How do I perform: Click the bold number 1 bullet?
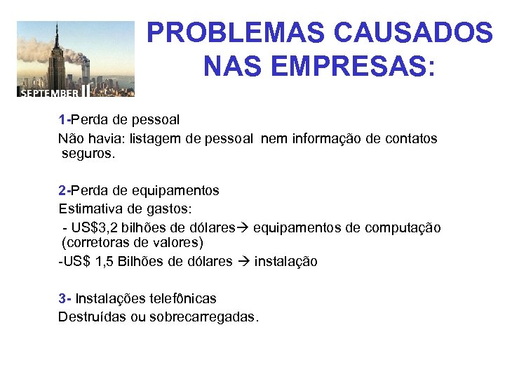click(62, 120)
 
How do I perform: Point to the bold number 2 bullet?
click(62, 190)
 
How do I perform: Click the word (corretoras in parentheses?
click(93, 244)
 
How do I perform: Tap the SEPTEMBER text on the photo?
click(49, 92)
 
